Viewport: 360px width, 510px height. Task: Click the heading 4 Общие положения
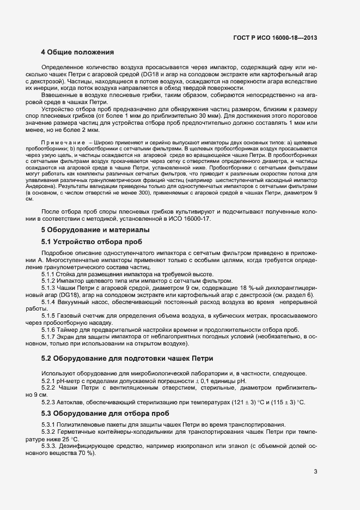tap(77, 53)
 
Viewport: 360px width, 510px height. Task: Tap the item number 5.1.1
tap(49, 274)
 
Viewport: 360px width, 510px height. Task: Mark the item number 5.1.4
tap(49, 302)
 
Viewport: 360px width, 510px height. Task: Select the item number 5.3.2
tap(49, 432)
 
